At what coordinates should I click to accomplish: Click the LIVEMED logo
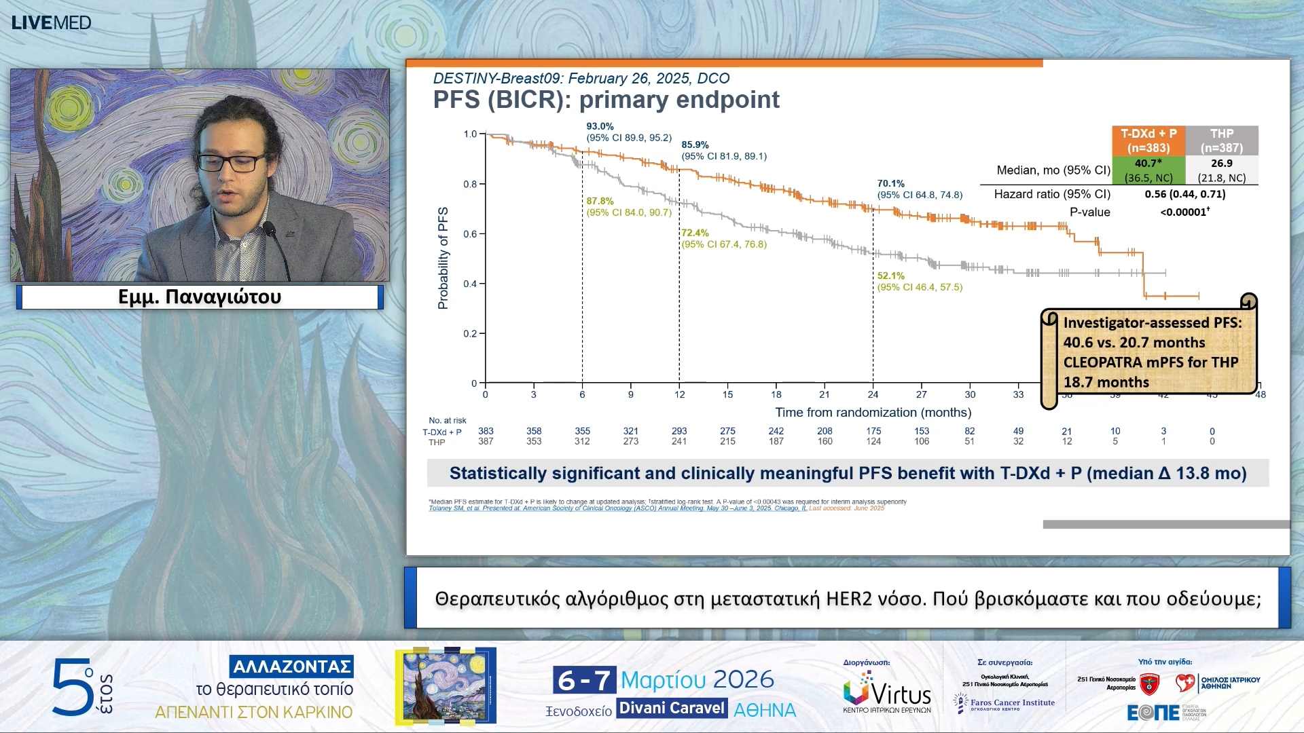[51, 22]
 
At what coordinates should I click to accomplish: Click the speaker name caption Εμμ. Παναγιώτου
[200, 297]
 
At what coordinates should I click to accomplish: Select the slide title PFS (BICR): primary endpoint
[606, 100]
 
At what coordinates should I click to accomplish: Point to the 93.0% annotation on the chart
[600, 126]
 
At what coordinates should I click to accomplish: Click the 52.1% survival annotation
[890, 276]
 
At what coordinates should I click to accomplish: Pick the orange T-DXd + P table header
[1148, 140]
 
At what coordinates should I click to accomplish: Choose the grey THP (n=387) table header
[1221, 140]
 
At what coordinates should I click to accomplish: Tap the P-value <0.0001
[1184, 212]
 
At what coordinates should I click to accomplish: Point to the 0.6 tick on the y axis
[470, 234]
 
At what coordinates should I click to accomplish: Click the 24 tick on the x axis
[873, 394]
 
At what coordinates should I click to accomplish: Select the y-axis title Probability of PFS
[443, 258]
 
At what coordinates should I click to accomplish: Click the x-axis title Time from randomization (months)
[873, 413]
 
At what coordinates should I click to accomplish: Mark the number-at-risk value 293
[679, 431]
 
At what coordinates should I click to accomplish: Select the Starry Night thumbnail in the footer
[446, 685]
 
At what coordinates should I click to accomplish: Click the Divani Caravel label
[672, 709]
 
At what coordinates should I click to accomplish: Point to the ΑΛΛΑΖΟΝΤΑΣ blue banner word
[291, 666]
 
